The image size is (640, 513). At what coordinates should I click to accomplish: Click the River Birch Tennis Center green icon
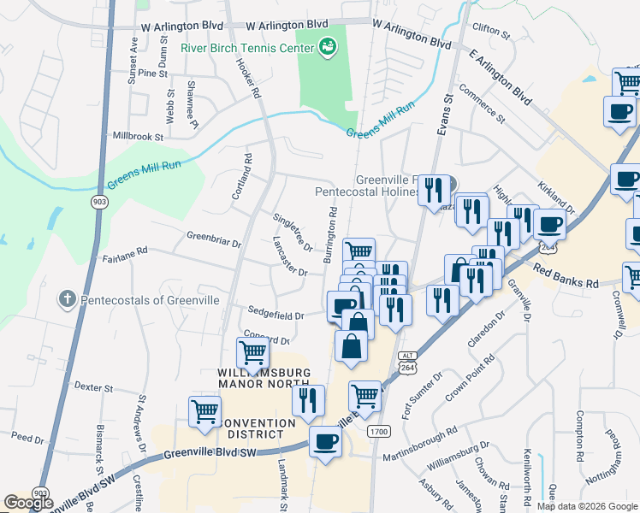pyautogui.click(x=326, y=47)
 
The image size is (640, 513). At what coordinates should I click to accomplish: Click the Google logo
pyautogui.click(x=28, y=503)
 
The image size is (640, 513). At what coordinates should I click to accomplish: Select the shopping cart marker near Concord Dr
pyautogui.click(x=252, y=352)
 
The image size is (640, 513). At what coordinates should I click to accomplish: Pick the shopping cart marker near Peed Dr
pyautogui.click(x=204, y=411)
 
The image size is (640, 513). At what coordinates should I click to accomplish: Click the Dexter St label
pyautogui.click(x=94, y=387)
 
